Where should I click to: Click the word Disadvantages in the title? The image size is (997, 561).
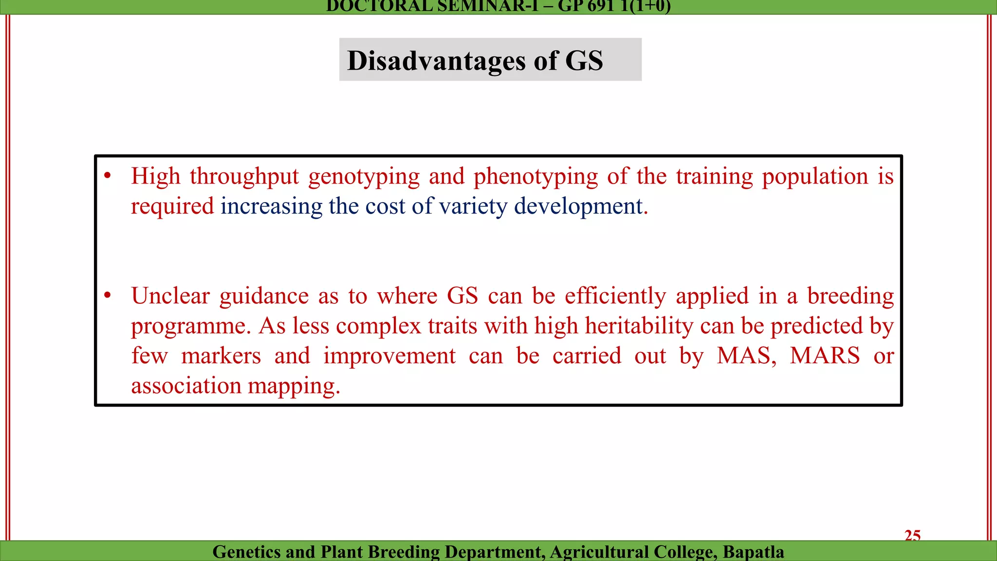point(429,61)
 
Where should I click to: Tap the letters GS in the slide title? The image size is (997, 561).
point(584,61)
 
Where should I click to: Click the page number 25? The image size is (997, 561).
point(912,535)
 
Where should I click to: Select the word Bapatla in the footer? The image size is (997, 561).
point(753,552)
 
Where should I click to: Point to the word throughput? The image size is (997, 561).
point(244,177)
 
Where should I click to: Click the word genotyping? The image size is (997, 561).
point(364,177)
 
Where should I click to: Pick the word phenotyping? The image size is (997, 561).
point(535,177)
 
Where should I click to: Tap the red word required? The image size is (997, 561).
point(172,206)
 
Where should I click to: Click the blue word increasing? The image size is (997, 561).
point(271,206)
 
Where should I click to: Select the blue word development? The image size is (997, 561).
point(578,206)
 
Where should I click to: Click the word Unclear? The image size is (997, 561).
point(170,296)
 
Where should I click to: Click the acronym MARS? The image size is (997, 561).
point(825,355)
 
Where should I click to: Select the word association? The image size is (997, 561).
point(186,386)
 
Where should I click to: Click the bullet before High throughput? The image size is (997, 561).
point(108,176)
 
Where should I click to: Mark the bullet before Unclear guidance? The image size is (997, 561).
point(108,296)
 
